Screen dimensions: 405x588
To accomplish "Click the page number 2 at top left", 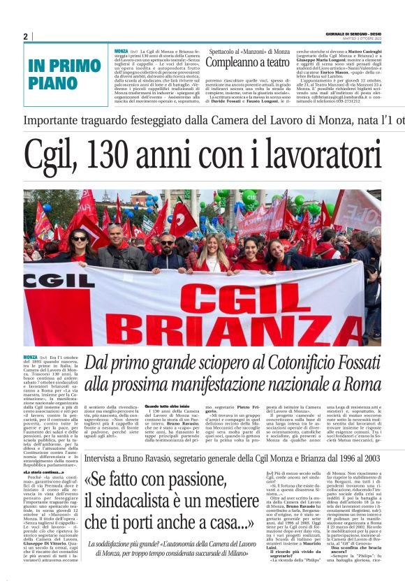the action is [x=26, y=36].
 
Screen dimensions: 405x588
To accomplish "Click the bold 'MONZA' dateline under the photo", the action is [x=30, y=357].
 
